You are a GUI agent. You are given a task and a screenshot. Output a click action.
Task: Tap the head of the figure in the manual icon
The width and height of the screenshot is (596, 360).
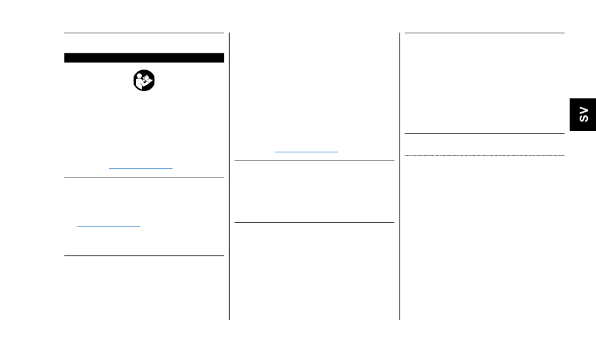(x=140, y=77)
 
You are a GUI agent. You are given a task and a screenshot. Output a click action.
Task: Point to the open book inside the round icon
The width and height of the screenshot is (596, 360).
(x=146, y=82)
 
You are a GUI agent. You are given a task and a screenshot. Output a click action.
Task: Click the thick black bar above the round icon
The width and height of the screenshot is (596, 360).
(x=144, y=58)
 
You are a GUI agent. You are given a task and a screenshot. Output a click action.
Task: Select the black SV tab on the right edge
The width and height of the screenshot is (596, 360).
(x=583, y=114)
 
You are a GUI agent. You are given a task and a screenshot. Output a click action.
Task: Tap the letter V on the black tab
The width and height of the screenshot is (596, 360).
(x=583, y=110)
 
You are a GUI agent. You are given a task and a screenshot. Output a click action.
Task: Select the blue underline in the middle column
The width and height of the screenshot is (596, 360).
(x=306, y=152)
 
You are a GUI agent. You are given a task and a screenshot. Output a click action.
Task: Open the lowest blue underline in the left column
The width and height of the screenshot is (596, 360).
(x=109, y=226)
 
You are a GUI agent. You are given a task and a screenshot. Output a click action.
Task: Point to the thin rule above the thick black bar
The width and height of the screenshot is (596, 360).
(x=144, y=33)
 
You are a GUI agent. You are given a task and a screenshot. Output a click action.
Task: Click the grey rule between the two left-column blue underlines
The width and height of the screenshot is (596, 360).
(x=144, y=177)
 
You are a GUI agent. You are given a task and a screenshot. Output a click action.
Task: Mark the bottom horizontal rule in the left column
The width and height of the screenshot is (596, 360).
(x=144, y=255)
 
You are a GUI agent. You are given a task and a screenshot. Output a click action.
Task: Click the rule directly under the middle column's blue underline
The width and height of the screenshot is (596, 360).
(x=314, y=161)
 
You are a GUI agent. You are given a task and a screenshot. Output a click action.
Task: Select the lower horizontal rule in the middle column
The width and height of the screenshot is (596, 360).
(x=314, y=222)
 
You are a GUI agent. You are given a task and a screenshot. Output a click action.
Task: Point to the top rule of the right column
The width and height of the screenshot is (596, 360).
(x=484, y=33)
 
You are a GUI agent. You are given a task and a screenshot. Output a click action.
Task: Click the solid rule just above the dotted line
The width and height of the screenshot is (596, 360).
(x=484, y=133)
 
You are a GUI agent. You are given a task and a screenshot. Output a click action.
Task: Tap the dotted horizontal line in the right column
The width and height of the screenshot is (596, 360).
(x=484, y=155)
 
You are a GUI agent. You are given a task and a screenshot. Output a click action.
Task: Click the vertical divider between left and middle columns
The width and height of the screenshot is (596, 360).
(x=229, y=176)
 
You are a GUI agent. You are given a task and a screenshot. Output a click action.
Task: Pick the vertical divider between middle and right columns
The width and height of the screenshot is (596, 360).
(x=400, y=176)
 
